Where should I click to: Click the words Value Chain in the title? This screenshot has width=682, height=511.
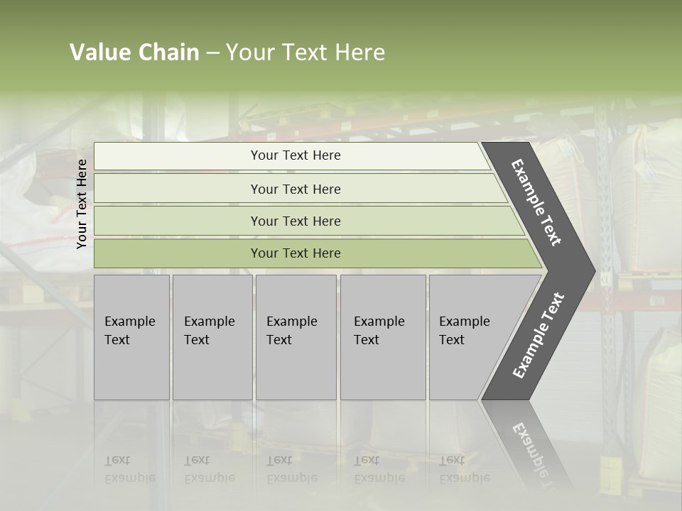[134, 53]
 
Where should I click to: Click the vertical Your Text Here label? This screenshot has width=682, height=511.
[82, 204]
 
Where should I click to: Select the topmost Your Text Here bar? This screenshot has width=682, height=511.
[295, 155]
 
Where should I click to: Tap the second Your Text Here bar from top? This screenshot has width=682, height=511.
[295, 189]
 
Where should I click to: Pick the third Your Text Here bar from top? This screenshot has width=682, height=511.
[295, 221]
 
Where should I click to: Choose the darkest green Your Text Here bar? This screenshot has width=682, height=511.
[295, 253]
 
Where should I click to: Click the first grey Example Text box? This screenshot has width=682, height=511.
[131, 337]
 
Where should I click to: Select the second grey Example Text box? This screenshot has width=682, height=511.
[212, 337]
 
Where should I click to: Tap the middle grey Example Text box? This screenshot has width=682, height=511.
[296, 337]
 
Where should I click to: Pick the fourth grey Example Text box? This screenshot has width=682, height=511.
[383, 337]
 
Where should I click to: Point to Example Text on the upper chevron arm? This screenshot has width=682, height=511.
[536, 202]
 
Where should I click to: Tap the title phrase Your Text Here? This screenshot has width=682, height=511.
[305, 53]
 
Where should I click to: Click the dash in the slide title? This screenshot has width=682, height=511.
[212, 53]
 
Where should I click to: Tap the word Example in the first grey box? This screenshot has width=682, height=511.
[129, 322]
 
